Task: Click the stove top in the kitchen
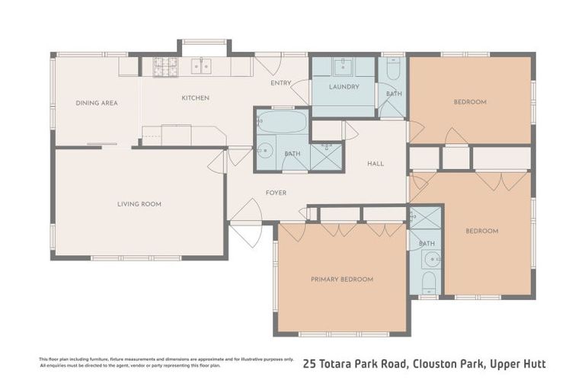[165, 67]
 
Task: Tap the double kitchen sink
[201, 67]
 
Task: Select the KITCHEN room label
[195, 98]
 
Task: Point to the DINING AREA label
[96, 103]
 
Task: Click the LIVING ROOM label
[139, 204]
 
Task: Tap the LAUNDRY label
[344, 87]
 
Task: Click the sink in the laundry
[344, 66]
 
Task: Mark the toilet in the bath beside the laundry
[393, 71]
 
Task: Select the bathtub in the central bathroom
[281, 122]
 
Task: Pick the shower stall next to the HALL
[326, 157]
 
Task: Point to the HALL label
[376, 164]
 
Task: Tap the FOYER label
[276, 193]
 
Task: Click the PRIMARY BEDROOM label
[342, 280]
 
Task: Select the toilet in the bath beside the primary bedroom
[427, 283]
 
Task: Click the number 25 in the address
[310, 364]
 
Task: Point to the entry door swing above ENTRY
[268, 63]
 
